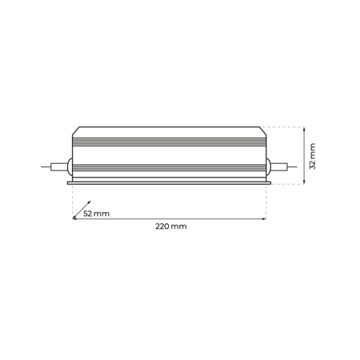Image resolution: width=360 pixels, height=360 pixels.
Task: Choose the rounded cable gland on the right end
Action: pos(267,167)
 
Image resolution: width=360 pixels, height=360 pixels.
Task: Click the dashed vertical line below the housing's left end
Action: pos(72,200)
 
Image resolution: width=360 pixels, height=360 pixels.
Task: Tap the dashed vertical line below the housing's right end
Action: pos(266,200)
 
